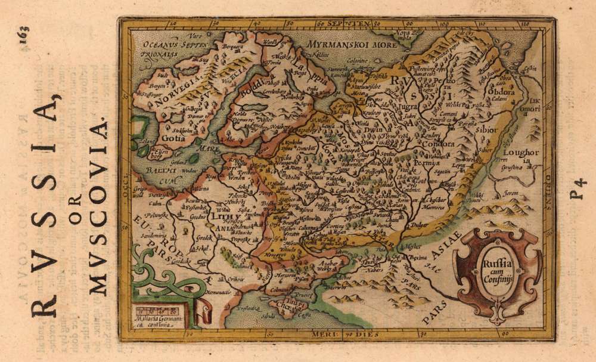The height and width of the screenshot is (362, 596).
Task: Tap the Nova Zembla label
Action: click(x=405, y=35)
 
